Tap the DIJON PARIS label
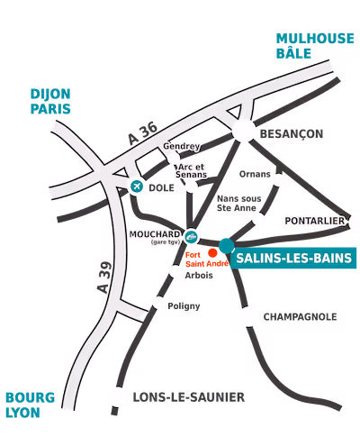point(50,101)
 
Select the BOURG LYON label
point(30,405)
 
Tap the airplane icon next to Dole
point(138,187)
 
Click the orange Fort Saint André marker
point(211,251)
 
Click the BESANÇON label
point(292,133)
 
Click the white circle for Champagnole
point(248,316)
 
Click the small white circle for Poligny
point(159,304)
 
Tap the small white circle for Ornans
point(279,180)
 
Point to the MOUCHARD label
point(155,232)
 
